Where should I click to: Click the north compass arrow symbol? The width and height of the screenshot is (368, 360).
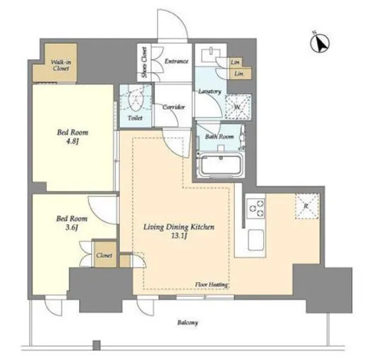click(320, 43)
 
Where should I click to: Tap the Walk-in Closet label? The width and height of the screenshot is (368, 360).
click(61, 65)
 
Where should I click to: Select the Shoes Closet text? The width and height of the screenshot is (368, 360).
click(144, 62)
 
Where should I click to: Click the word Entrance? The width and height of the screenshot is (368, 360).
click(176, 62)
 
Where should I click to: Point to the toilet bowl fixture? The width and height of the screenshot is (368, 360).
click(135, 99)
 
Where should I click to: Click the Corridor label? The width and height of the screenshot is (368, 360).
click(173, 107)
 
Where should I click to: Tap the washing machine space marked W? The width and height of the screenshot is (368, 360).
click(238, 106)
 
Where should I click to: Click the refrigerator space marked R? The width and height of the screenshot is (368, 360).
click(307, 207)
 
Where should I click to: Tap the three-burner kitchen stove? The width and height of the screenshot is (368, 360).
click(255, 208)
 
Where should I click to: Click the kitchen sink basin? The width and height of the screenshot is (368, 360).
click(255, 240)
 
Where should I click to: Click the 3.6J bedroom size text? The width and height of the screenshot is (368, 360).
click(71, 228)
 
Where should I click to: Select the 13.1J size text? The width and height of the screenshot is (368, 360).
click(179, 236)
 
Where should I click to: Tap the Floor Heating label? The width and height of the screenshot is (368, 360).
click(212, 284)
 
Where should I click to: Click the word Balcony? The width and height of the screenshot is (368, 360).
click(188, 323)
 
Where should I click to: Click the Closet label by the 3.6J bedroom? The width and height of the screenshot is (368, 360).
click(104, 255)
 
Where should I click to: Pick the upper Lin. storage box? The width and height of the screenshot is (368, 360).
click(236, 62)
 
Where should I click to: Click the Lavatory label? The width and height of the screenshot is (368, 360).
click(209, 91)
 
